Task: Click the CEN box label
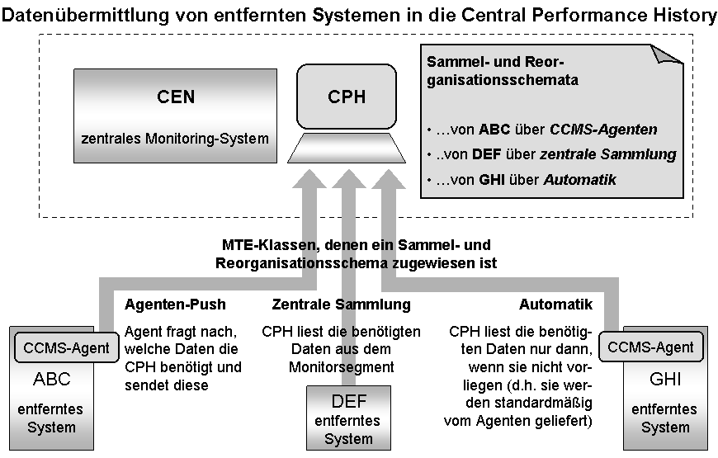pyautogui.click(x=175, y=97)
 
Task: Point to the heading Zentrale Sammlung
pyautogui.click(x=341, y=305)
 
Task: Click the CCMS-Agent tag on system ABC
pyautogui.click(x=67, y=347)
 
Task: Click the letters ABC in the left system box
pyautogui.click(x=52, y=380)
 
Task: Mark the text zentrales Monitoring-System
pyautogui.click(x=175, y=139)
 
